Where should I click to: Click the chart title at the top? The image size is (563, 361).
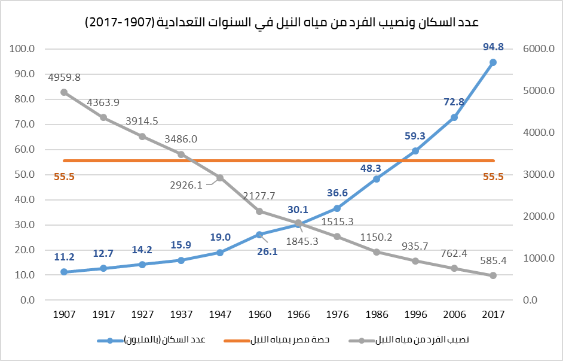[x=281, y=23]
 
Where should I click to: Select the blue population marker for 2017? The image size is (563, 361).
[x=493, y=62]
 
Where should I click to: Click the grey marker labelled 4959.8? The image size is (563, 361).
[x=64, y=92]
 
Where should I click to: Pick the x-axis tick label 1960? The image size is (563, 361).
[x=259, y=314]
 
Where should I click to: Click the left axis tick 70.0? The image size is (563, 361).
[x=25, y=125]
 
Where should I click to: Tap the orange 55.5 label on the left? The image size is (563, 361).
[x=64, y=177]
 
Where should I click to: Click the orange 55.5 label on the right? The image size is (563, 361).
[x=493, y=177]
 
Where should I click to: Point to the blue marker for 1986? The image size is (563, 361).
[x=377, y=179]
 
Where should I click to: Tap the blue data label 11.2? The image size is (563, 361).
[x=64, y=257]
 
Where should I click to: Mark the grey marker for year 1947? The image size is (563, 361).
[x=220, y=178]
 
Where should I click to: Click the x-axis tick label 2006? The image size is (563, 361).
[x=454, y=314]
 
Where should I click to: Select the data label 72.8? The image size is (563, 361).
[x=454, y=102]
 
